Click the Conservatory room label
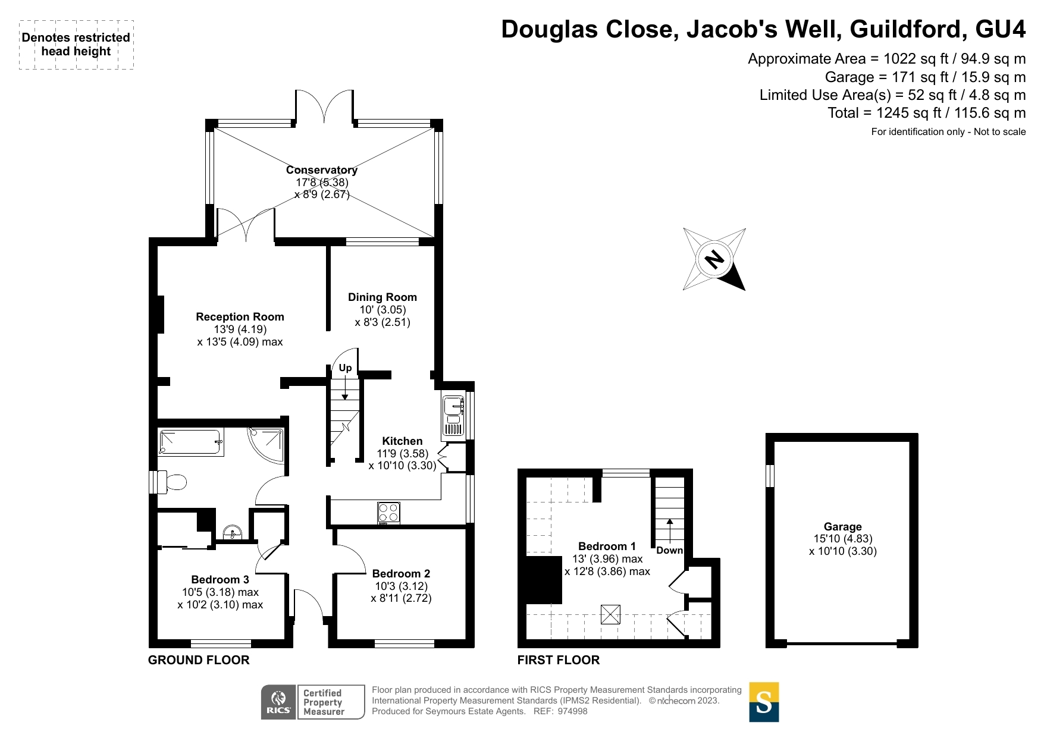click(x=321, y=170)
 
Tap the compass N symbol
click(x=714, y=259)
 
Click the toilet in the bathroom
click(x=174, y=482)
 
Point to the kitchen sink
click(x=453, y=415)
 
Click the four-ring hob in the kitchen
click(x=388, y=513)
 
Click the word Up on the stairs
click(x=345, y=368)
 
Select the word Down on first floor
click(x=669, y=550)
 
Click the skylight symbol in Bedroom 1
click(x=610, y=614)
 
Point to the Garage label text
click(x=842, y=526)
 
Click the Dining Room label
click(x=382, y=297)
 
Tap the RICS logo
click(x=278, y=702)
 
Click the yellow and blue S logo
click(x=764, y=702)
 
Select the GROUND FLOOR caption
click(x=199, y=660)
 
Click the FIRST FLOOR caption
click(x=558, y=660)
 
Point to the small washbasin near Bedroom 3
click(x=232, y=531)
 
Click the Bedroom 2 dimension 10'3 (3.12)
click(x=401, y=586)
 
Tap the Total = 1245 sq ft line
click(x=926, y=113)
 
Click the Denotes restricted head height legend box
click(x=76, y=45)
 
